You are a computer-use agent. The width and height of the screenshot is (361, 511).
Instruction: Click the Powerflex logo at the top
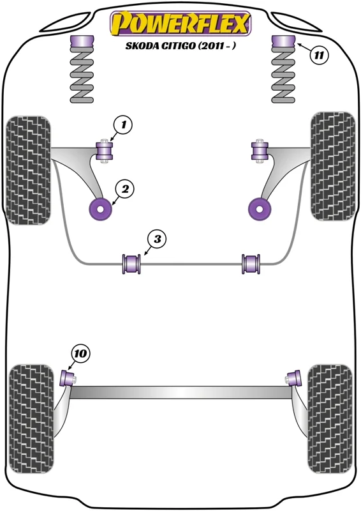coord(180,24)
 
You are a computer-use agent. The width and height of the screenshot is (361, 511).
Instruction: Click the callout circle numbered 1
coord(123,125)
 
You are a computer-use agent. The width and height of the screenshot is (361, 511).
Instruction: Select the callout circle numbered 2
coord(125,189)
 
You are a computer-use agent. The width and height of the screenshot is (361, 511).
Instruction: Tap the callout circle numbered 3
coord(157,240)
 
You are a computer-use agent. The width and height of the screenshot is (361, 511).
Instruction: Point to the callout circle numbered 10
coord(80,354)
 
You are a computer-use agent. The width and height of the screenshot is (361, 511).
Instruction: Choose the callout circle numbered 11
coord(318,55)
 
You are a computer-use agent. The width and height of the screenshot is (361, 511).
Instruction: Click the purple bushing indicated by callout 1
coord(105,151)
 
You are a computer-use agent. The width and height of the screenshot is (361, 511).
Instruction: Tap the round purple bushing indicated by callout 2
coord(101,209)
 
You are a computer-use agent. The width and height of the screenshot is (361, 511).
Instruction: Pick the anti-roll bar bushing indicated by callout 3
coord(131,264)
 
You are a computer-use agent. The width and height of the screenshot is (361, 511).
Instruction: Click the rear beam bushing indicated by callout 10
coord(68,378)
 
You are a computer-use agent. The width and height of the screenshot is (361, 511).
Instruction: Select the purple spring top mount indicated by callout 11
coord(283,42)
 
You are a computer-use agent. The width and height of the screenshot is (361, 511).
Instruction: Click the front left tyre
coord(29,171)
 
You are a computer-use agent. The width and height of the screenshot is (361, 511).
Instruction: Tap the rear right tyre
coord(330,419)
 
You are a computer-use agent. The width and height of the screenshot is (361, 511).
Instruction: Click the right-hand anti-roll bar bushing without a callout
coord(251,264)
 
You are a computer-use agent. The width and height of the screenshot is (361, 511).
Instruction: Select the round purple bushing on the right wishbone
coord(260,210)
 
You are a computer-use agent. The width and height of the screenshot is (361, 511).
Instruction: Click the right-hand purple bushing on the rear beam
coord(295,378)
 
